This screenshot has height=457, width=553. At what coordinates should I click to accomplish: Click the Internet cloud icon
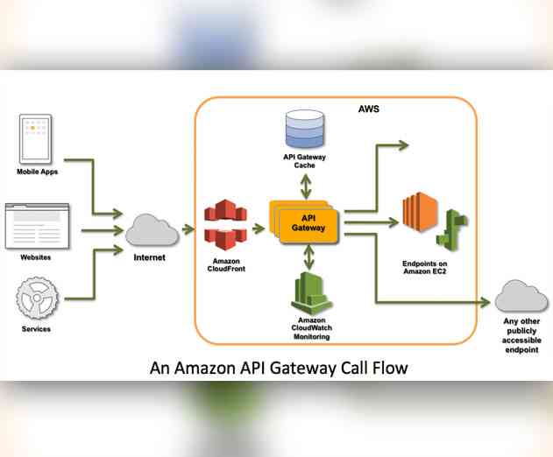[152, 232]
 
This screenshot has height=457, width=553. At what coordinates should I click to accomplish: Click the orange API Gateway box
[307, 221]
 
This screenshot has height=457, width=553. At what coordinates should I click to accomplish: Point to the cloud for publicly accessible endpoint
[521, 299]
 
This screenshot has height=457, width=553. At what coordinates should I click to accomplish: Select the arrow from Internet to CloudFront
[188, 230]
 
